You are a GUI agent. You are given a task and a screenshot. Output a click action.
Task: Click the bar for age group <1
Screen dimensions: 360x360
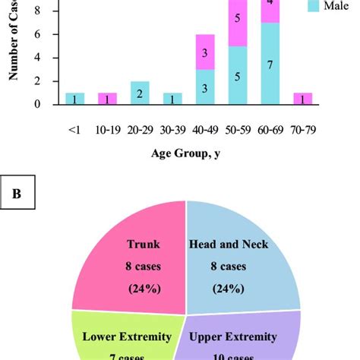coord(74,98)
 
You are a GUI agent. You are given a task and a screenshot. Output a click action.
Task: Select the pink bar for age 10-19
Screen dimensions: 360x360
coord(107,98)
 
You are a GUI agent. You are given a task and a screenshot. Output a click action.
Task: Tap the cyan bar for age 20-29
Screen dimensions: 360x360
coord(140,93)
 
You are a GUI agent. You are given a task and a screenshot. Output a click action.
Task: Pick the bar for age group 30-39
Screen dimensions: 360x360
coord(172,98)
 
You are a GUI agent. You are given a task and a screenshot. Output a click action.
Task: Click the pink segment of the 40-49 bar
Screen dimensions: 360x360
coord(205,52)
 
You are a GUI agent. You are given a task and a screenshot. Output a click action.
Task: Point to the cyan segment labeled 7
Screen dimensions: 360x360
coord(270,64)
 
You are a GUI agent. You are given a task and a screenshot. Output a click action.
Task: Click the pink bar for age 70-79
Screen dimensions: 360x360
coord(303,98)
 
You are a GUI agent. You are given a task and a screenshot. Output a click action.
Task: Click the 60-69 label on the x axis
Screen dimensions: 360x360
coord(270,130)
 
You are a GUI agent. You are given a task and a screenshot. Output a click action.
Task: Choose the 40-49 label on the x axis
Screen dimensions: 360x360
coord(205,130)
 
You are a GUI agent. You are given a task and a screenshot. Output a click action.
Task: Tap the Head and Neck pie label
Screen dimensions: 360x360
coord(229,245)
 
